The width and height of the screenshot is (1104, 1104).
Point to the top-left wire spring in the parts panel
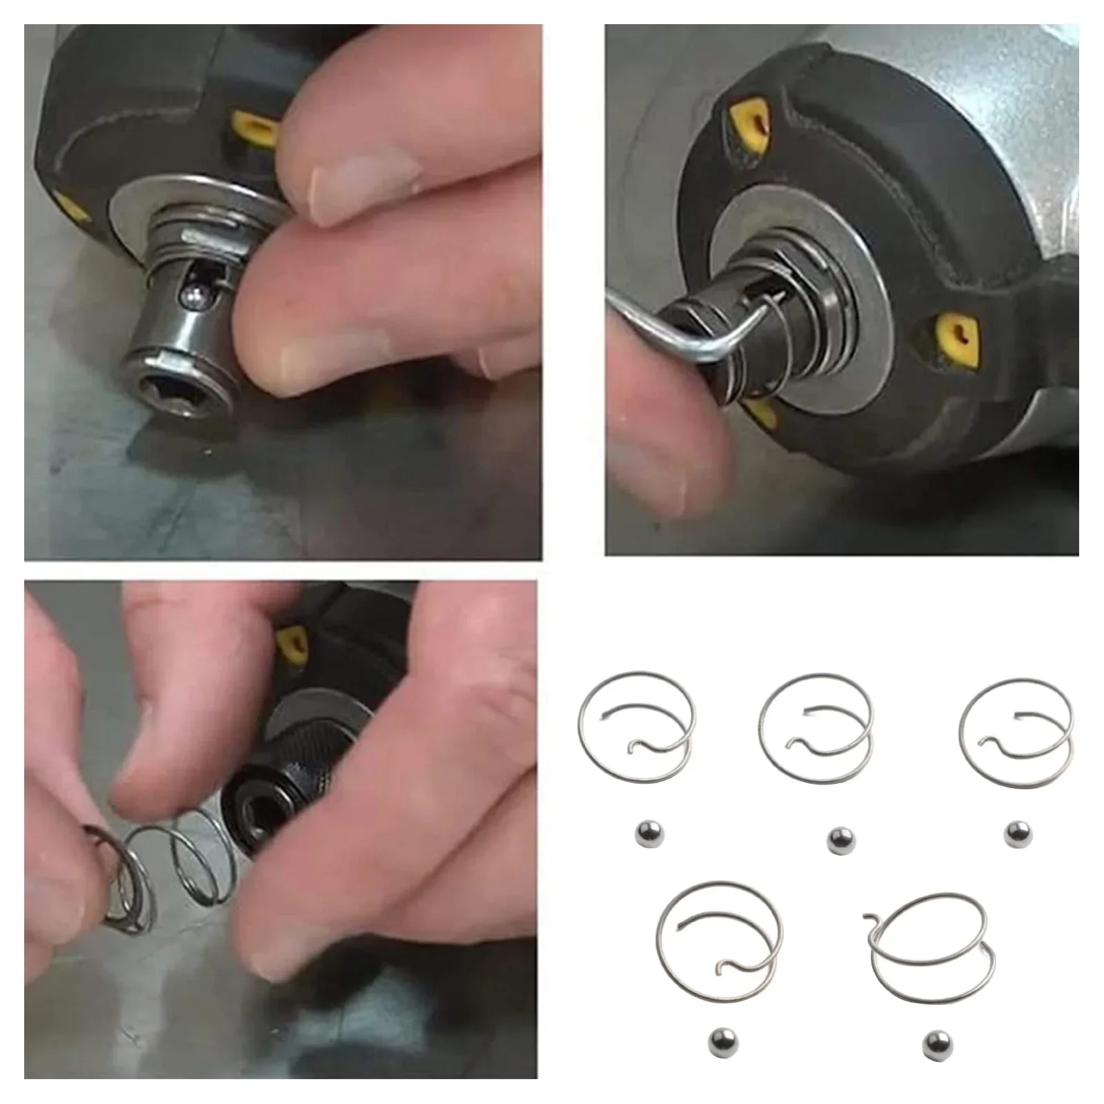point(635,731)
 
